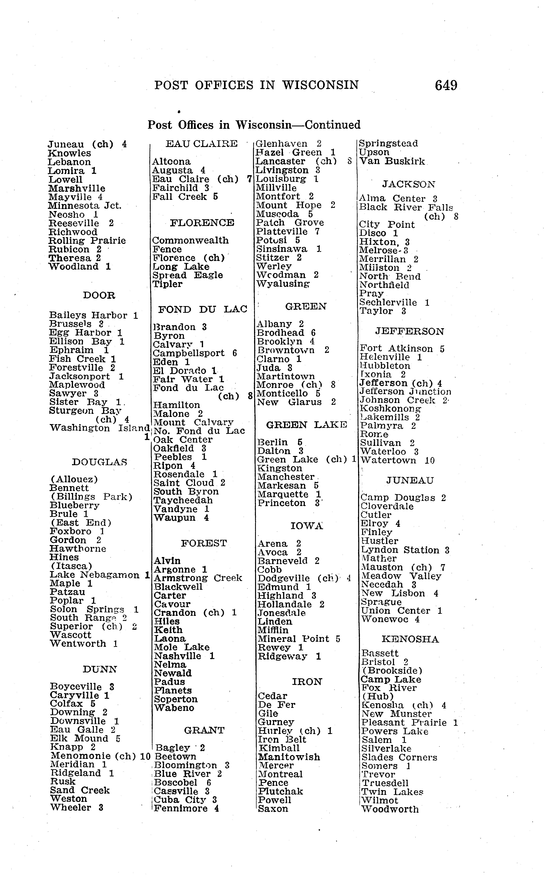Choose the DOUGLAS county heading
[x=100, y=462]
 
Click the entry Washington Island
[x=100, y=428]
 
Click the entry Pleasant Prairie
[x=404, y=723]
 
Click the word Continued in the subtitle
[x=332, y=125]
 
